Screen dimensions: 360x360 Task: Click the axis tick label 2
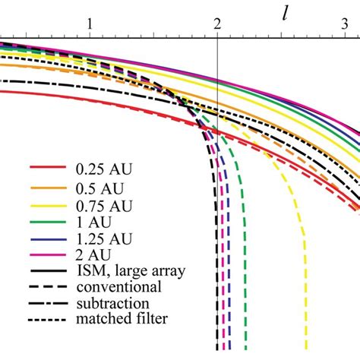click(x=218, y=23)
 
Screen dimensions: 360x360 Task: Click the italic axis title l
click(x=284, y=15)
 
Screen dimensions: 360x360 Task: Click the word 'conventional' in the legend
click(x=118, y=286)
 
